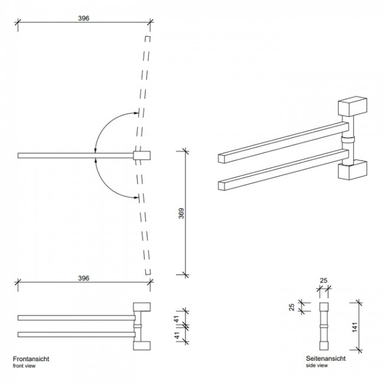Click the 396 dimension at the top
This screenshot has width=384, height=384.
(x=83, y=18)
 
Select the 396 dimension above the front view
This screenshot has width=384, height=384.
(x=83, y=278)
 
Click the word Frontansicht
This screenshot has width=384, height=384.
(x=31, y=359)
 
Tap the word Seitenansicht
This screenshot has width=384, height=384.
(x=326, y=359)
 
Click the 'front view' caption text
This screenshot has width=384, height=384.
(x=24, y=366)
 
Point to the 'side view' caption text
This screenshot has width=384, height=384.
(x=317, y=366)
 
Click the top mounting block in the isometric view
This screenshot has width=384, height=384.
(x=352, y=107)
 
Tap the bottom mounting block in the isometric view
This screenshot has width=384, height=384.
(x=352, y=171)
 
